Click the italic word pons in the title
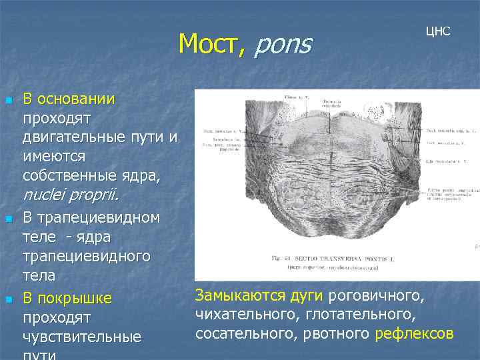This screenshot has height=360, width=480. coord(283,44)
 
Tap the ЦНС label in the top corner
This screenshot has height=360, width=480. coord(437,31)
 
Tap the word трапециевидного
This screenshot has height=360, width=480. coord(86,257)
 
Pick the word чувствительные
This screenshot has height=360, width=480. coord(81,337)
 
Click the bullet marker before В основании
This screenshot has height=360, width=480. coord(8,101)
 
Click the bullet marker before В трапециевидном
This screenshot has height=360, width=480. coord(8,219)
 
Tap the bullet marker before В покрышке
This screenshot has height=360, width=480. coord(8,298)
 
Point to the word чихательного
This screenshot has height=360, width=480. coord(237,314)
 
